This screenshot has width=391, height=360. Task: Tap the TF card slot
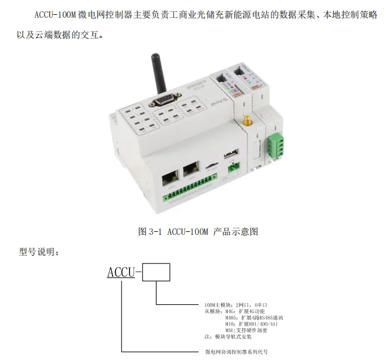pyautogui.click(x=211, y=166)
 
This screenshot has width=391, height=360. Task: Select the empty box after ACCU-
pyautogui.click(x=157, y=272)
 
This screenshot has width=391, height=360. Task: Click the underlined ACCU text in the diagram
pyautogui.click(x=121, y=272)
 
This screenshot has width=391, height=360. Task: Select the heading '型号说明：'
pyautogui.click(x=39, y=252)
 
